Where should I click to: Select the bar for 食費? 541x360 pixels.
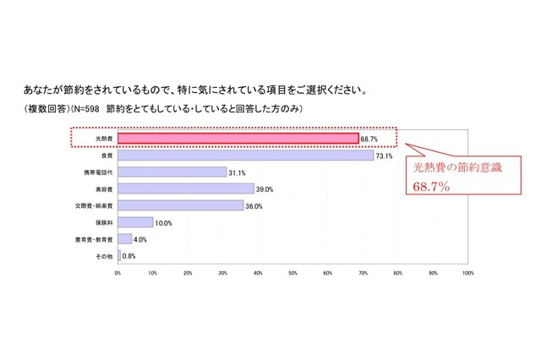(246, 155)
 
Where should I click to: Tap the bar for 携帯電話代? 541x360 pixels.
(172, 172)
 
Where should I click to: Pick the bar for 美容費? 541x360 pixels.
(186, 188)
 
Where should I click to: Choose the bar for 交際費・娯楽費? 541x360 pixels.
(181, 205)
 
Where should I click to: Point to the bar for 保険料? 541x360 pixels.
(135, 222)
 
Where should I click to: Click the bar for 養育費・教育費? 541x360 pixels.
(125, 239)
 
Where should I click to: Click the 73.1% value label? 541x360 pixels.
(385, 155)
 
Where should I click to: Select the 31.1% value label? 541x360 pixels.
(238, 172)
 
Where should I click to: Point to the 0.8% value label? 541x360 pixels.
(130, 256)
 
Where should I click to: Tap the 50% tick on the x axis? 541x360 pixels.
(292, 273)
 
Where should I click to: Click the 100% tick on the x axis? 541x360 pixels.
(467, 273)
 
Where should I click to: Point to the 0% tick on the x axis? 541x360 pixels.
(118, 273)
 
